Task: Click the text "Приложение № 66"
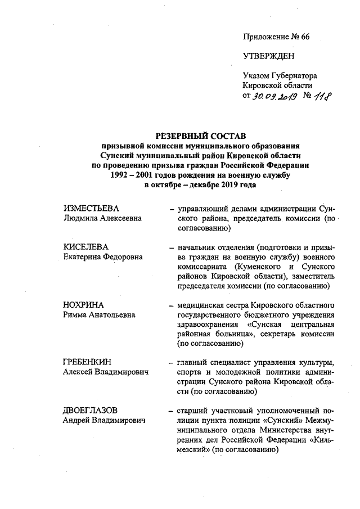click(x=276, y=37)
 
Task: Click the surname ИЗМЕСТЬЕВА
click(x=91, y=209)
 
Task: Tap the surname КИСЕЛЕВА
click(x=85, y=247)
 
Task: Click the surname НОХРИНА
click(x=84, y=305)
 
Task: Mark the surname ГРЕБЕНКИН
click(x=89, y=363)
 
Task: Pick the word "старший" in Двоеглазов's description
click(x=192, y=411)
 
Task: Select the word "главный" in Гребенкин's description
click(x=192, y=363)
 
